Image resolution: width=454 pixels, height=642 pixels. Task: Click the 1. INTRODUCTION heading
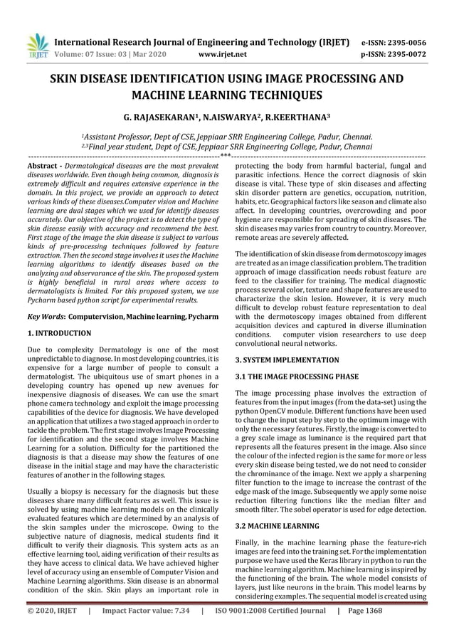coord(58,332)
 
